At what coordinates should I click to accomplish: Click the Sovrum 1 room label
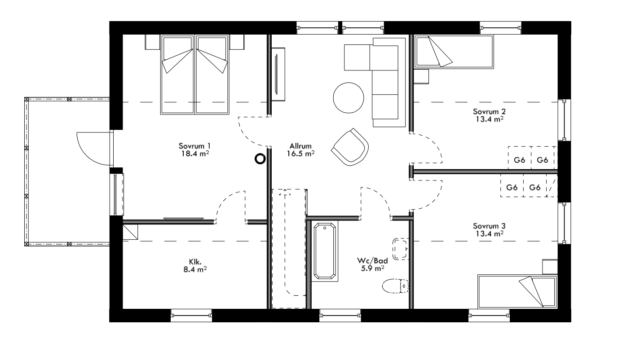[195, 146]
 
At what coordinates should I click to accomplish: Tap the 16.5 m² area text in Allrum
[300, 154]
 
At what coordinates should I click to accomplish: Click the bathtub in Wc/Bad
[325, 251]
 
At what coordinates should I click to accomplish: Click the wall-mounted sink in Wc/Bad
[400, 249]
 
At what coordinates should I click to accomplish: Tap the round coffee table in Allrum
[349, 98]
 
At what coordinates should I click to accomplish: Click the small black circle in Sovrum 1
[260, 158]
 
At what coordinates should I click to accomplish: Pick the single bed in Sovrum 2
[454, 52]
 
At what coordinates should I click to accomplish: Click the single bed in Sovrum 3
[517, 291]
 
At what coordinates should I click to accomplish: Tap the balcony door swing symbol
[92, 148]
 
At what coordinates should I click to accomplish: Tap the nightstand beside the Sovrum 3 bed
[549, 267]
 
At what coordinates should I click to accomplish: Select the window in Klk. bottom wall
[191, 315]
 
